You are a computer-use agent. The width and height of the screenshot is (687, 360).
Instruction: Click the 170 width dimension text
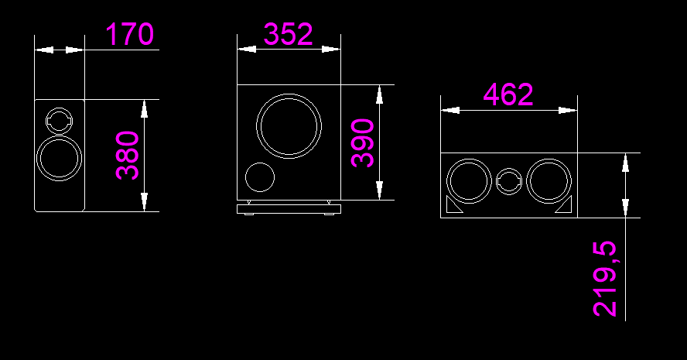pos(129,35)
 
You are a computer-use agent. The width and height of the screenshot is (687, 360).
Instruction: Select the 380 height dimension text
pos(128,155)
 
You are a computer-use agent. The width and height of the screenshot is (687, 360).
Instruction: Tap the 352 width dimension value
pos(288,35)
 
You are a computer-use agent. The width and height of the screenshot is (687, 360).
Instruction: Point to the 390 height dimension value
pos(363,143)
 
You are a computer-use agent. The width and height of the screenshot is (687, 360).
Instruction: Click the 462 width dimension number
pos(508,94)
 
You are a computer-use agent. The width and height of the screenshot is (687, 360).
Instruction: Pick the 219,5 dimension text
pos(606,279)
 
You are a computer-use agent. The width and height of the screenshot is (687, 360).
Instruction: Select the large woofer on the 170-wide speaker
pos(59,159)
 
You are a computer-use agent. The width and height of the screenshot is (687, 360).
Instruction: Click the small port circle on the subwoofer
pos(259,177)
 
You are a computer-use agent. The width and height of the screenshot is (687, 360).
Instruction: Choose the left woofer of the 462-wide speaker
pos(468,181)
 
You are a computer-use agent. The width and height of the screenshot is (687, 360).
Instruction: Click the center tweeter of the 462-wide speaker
pos(508,182)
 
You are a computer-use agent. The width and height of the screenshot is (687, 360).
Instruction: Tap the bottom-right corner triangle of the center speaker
pos(565,207)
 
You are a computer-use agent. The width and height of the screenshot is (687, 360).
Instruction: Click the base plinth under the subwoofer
pos(289,208)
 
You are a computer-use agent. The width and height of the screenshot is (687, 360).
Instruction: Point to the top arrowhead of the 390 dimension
pos(379,94)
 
